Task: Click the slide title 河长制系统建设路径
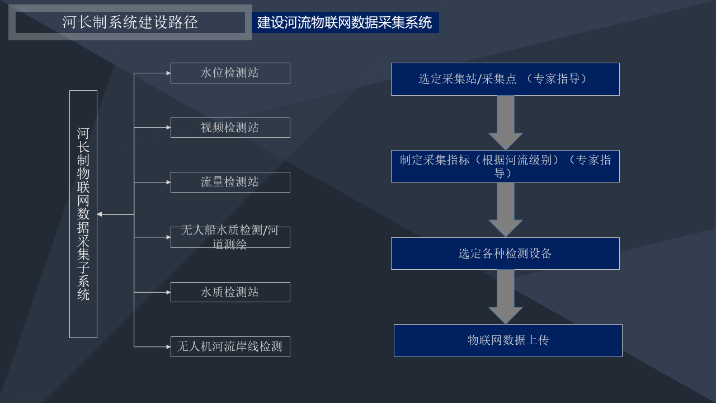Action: coord(130,22)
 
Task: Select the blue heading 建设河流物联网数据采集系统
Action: coord(345,22)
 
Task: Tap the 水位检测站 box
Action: coord(230,73)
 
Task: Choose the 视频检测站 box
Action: coord(230,128)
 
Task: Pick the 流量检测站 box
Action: coord(230,182)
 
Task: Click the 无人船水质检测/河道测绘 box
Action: coord(230,237)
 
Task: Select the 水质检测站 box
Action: coord(230,292)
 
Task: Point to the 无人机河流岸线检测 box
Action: coord(230,346)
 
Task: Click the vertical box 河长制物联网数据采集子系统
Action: coord(83,214)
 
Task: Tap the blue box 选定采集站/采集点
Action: coord(505,79)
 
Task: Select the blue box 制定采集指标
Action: coord(505,166)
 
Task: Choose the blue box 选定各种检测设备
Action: coord(505,254)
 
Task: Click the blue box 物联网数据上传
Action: coord(508,341)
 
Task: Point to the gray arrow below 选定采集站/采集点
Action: coord(505,123)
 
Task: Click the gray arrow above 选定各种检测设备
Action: coord(505,210)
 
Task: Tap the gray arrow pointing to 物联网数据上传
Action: coord(505,297)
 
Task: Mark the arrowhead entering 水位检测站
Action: coord(168,73)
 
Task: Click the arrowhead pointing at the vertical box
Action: coord(100,214)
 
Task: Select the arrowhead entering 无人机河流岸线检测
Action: coord(168,346)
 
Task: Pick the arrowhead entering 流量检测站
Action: coord(168,182)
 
